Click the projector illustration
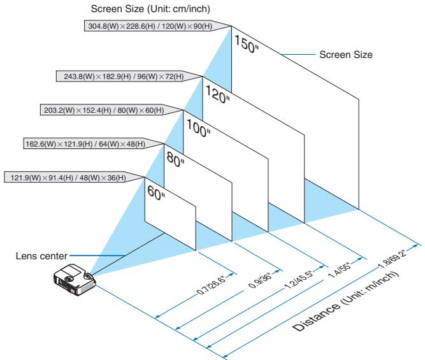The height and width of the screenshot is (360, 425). (x=75, y=279)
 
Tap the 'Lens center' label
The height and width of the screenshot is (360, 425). (x=41, y=256)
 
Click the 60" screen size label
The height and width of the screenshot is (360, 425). (x=156, y=192)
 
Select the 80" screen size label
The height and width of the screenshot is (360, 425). (x=175, y=159)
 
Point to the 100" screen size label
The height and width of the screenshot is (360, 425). (x=198, y=129)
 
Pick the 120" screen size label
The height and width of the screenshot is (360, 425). (x=217, y=94)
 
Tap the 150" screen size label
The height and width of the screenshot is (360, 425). (x=246, y=44)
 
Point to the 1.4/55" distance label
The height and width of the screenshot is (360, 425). (x=340, y=270)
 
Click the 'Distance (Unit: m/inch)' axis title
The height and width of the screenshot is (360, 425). (x=346, y=301)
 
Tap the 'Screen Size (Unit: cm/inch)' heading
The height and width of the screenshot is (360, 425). (x=150, y=9)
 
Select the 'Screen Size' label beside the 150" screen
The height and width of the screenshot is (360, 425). (x=346, y=55)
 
